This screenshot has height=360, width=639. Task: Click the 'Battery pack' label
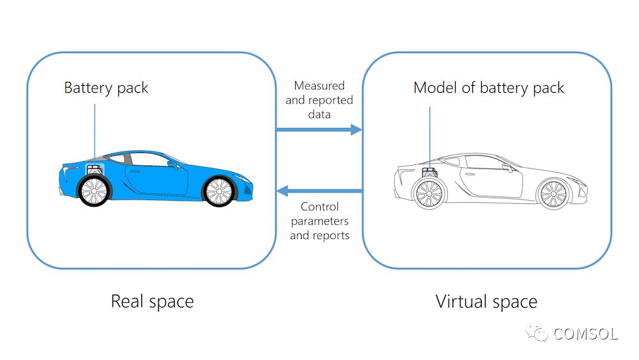[x=106, y=88]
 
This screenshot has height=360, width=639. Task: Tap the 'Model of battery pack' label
[x=488, y=88]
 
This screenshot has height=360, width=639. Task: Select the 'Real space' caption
[x=152, y=301]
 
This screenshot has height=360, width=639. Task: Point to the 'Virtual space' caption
[x=486, y=301]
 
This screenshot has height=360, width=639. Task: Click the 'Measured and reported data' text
[x=319, y=100]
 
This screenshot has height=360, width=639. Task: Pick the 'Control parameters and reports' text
[x=319, y=221]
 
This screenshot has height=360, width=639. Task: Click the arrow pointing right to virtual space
[x=319, y=130]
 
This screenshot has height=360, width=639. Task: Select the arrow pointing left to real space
[x=319, y=190]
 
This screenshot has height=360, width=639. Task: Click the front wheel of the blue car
[x=218, y=191]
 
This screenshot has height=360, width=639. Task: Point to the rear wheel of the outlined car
[x=429, y=193]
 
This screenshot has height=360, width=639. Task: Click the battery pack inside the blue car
[x=94, y=171]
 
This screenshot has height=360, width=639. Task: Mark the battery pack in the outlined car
[x=429, y=171]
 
